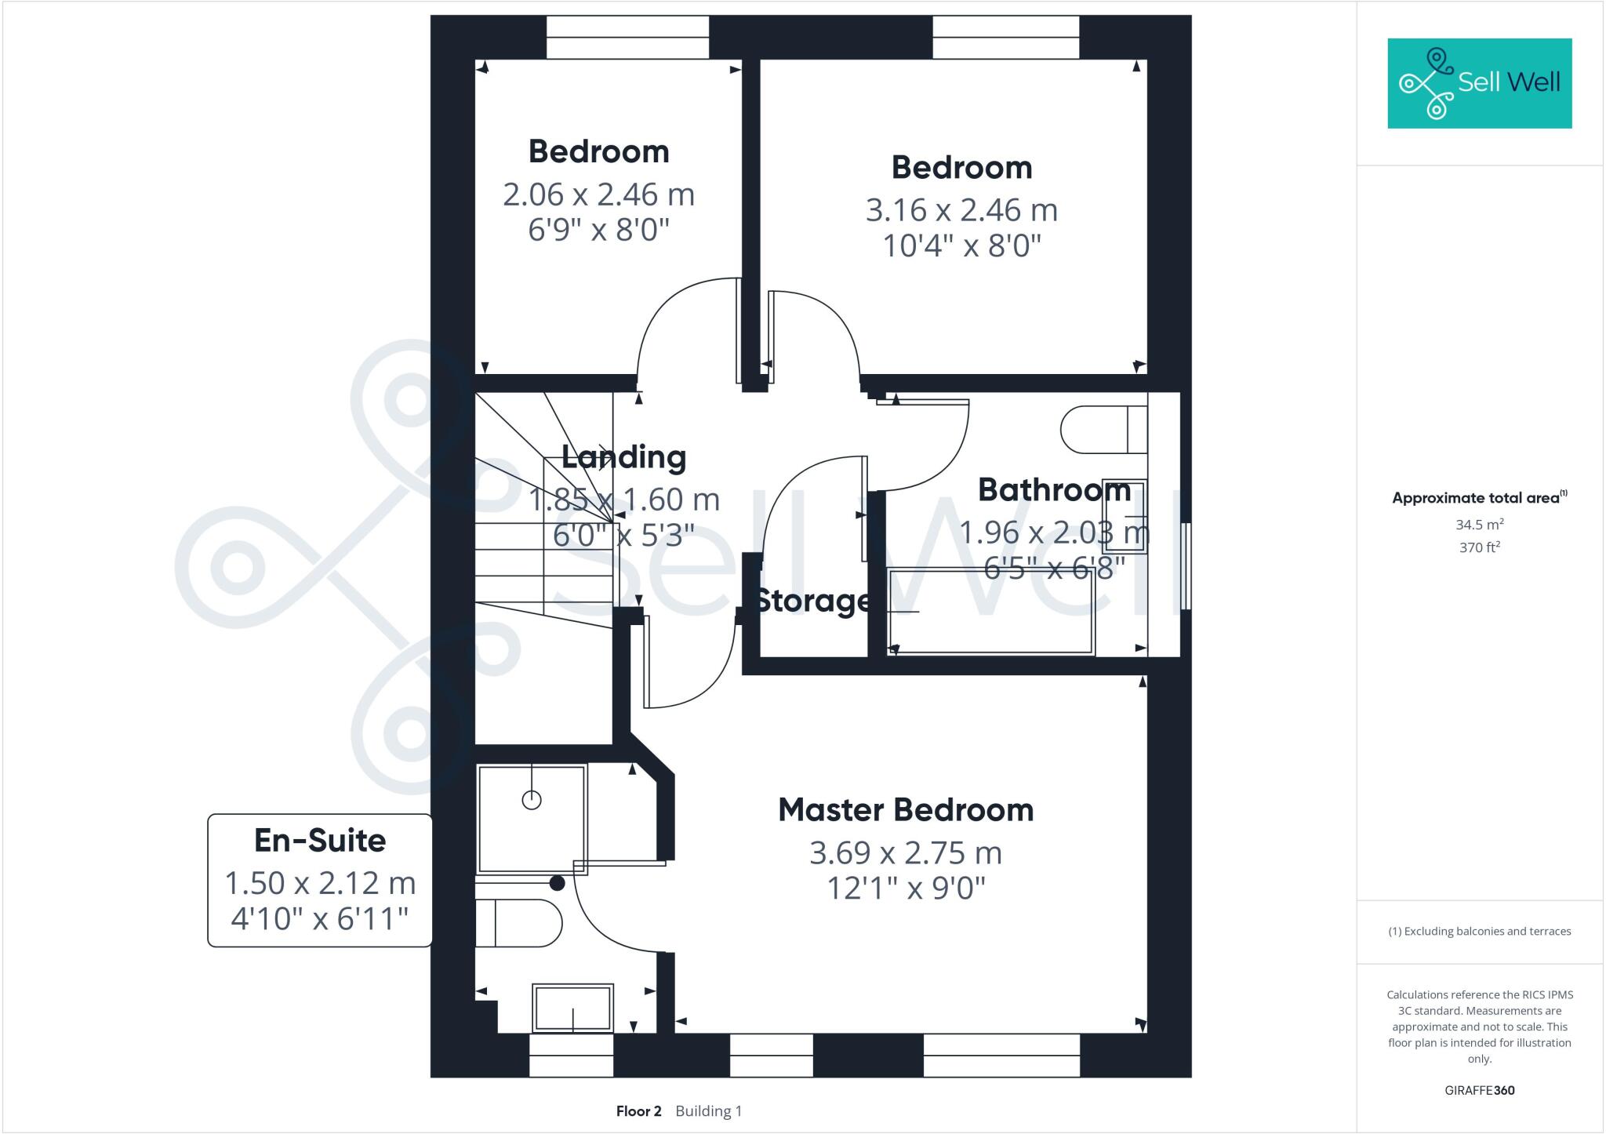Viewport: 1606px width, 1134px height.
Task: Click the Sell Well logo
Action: pos(1479,83)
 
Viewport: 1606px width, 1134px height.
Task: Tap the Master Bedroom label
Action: pos(906,810)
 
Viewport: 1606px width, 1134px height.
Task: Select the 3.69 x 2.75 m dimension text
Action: pos(906,853)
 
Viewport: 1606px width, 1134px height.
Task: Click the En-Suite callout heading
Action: pos(320,841)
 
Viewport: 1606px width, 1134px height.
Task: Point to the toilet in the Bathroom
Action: pos(1102,430)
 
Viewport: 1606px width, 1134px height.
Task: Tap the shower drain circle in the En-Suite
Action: pos(532,800)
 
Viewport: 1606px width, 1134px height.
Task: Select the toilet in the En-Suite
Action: pos(518,923)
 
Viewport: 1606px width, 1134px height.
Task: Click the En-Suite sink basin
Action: pos(572,1008)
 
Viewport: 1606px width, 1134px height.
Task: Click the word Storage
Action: pos(812,601)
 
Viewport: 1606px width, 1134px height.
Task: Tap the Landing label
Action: pos(624,457)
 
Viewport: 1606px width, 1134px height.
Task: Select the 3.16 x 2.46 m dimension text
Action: pos(961,210)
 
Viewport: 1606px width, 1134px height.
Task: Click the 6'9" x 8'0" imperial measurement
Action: pos(598,231)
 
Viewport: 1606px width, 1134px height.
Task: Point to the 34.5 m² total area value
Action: pos(1479,525)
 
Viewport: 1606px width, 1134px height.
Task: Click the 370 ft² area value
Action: pos(1479,547)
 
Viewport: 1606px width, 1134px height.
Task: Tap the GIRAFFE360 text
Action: pos(1479,1090)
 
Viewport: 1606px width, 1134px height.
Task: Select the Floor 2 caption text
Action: pos(638,1111)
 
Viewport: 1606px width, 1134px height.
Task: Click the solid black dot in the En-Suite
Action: pos(557,883)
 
